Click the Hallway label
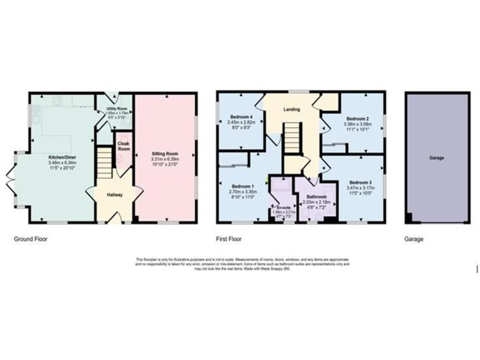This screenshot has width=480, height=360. tap(114, 195)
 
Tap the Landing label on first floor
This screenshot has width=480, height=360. tap(291, 110)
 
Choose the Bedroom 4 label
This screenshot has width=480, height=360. tap(241, 117)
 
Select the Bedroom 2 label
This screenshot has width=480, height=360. tap(357, 118)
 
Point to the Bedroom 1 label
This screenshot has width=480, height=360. tap(242, 186)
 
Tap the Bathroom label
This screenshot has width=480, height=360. tap(316, 196)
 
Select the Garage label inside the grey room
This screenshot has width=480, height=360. tap(437, 158)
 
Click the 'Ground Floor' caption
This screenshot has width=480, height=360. tap(31, 239)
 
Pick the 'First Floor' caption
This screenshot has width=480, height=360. tap(229, 239)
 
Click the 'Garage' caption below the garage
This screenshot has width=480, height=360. tap(414, 239)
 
